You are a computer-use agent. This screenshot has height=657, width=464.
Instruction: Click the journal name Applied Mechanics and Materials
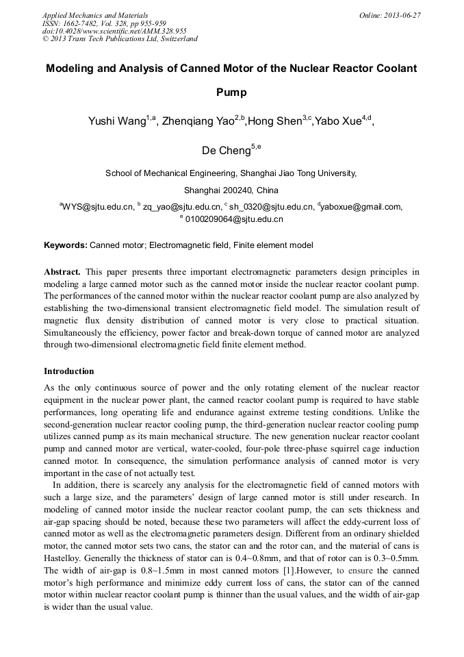95,15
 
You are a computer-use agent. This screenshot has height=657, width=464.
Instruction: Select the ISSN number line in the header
104,23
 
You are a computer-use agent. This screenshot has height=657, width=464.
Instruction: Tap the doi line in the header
114,31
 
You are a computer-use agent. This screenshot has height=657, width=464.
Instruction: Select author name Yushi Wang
116,122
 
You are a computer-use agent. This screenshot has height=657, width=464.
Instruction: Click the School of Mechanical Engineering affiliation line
231,173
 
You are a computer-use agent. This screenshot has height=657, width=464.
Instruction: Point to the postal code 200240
233,190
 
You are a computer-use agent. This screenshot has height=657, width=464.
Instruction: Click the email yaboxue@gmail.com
361,206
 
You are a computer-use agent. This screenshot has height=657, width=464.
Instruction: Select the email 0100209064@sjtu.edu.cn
234,220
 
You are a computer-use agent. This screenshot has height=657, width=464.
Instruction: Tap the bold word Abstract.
62,272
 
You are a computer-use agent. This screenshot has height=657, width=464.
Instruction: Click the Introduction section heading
69,371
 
